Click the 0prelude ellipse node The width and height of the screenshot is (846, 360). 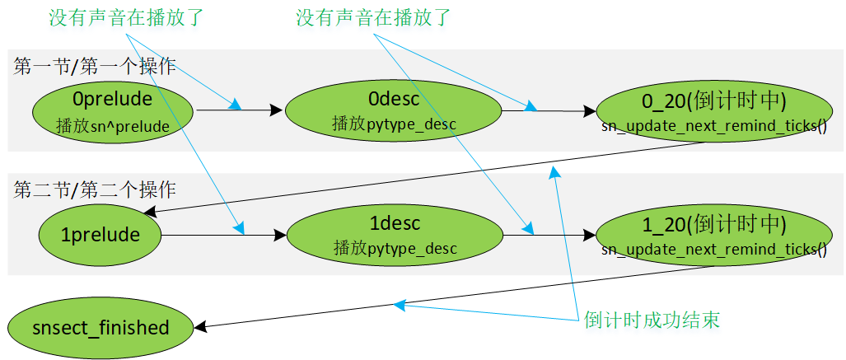(x=113, y=111)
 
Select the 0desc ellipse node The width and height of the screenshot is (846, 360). (x=393, y=111)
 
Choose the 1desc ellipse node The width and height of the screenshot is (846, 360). (x=395, y=236)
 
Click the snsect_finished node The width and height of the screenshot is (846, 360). (x=100, y=328)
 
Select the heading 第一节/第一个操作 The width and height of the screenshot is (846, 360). (x=95, y=67)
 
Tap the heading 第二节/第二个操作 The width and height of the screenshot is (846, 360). (x=95, y=190)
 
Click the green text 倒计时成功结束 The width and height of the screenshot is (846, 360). (x=652, y=320)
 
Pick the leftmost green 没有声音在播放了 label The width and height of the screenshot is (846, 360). (x=126, y=18)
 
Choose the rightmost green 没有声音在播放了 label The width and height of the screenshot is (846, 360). (x=373, y=18)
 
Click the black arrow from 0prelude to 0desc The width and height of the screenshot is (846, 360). (x=240, y=110)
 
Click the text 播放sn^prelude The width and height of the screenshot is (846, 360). (x=113, y=126)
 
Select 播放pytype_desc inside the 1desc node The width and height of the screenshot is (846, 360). (x=395, y=248)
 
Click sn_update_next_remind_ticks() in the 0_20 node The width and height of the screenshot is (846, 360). (x=714, y=127)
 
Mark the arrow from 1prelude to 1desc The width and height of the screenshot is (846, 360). (x=224, y=236)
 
